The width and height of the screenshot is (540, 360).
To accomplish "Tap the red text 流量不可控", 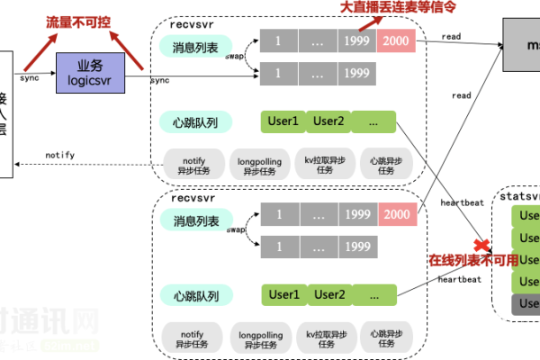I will (78, 21).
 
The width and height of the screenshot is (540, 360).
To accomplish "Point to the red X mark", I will (482, 244).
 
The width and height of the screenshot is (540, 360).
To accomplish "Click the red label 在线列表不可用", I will (473, 261).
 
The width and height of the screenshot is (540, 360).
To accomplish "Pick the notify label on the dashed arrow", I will (59, 156).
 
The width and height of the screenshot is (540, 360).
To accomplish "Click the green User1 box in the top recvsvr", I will (283, 121).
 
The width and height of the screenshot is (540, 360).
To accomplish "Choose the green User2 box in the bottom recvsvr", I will (329, 294).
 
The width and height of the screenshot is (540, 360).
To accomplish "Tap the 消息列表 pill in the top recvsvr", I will (194, 46).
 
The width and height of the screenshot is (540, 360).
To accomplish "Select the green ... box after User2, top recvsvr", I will (373, 121).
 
